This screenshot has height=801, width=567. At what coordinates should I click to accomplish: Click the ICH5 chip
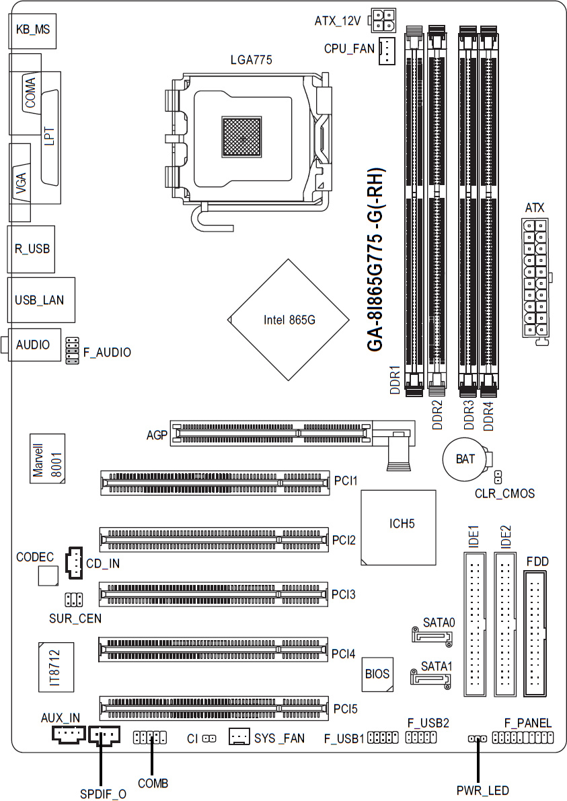[x=398, y=524]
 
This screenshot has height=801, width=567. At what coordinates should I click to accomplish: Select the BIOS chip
[x=377, y=672]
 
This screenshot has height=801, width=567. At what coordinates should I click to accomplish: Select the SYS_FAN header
[x=239, y=738]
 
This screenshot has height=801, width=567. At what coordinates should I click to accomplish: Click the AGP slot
[x=270, y=434]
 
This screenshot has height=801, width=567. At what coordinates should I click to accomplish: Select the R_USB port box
[x=32, y=248]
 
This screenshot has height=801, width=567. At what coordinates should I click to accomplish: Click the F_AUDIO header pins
[x=73, y=351]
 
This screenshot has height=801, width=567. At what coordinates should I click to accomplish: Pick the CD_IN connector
[x=73, y=562]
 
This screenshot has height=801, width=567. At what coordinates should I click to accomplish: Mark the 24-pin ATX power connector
[x=535, y=278]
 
